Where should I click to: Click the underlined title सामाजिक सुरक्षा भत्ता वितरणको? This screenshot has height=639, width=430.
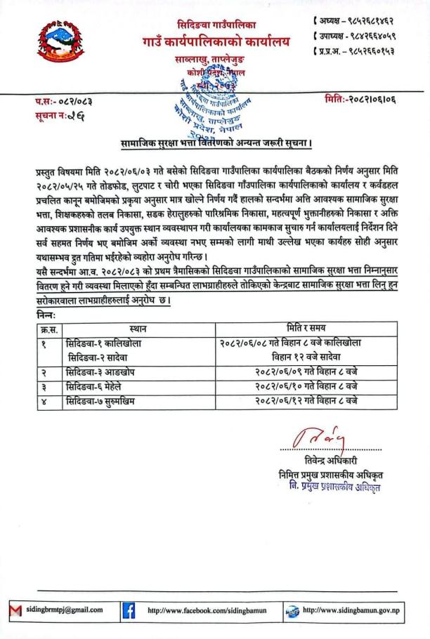coord(215,144)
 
